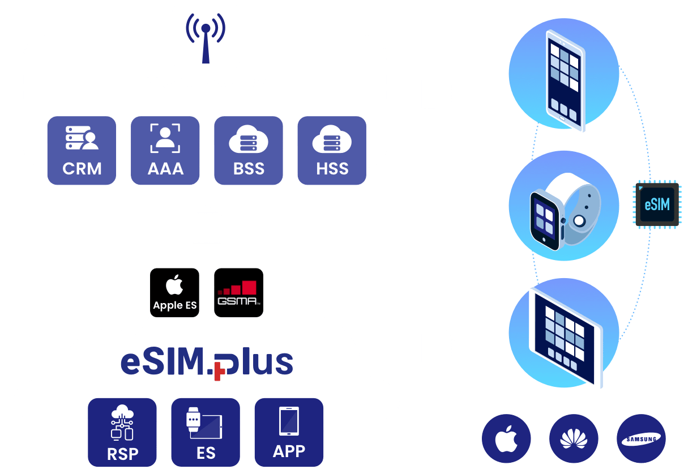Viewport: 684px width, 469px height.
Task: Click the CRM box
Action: click(x=82, y=151)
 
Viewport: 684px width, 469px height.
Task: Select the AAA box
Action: click(x=165, y=151)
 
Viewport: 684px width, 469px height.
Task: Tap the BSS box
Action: click(x=249, y=151)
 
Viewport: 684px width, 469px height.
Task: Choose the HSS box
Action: click(x=332, y=151)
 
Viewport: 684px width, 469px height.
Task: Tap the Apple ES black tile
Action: click(x=175, y=292)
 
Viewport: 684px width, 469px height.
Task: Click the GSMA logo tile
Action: click(x=238, y=292)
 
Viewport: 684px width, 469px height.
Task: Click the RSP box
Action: click(x=122, y=432)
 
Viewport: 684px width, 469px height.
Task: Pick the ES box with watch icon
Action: click(x=206, y=432)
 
